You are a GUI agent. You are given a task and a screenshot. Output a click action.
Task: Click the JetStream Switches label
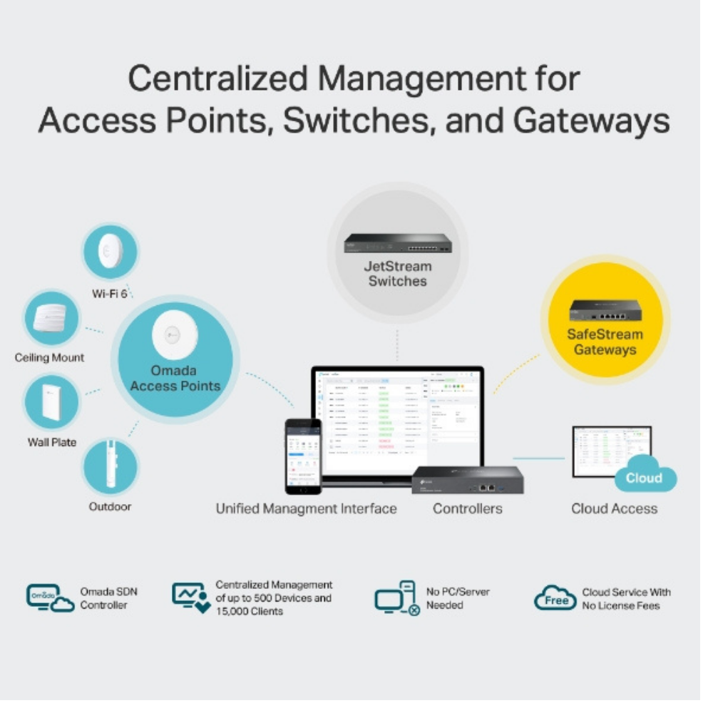point(397,274)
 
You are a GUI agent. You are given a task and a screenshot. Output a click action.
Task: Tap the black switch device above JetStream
point(397,243)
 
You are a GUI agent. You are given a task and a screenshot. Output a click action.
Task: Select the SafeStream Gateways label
point(605,342)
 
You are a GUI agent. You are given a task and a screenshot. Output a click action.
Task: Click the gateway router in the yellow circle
point(605,310)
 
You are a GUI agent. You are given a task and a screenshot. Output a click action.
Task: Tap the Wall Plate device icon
point(51,404)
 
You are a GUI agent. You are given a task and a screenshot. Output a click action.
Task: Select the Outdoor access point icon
point(110,466)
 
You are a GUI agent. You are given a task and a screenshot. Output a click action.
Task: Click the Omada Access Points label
point(175,379)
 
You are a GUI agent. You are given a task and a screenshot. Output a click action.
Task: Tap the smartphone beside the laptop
point(303,456)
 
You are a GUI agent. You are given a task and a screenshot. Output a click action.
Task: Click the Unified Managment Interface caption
point(306,508)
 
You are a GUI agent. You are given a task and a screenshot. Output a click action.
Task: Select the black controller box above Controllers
point(467,480)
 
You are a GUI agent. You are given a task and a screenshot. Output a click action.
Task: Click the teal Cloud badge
point(644,477)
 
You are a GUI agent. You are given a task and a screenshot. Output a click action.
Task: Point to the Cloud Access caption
point(614,508)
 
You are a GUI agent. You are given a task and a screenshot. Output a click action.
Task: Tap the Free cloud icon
point(555,599)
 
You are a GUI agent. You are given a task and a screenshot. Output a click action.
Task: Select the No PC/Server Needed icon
point(397,598)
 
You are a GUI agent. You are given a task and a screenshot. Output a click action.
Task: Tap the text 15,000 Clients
point(249,611)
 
